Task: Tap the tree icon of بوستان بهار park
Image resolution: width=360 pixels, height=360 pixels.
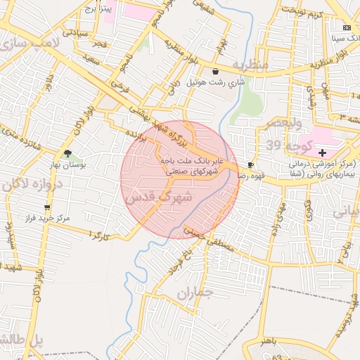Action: (67, 153)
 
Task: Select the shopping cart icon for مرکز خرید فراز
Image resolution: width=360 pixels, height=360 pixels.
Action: (47, 207)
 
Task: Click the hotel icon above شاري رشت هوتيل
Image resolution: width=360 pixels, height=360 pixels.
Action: (214, 71)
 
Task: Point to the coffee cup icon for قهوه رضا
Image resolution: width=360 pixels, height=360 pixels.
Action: (250, 165)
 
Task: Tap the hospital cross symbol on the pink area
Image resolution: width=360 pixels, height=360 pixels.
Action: (323, 152)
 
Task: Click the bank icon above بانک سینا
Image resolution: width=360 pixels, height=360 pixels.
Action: (346, 27)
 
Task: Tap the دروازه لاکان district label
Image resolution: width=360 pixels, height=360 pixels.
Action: (32, 184)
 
